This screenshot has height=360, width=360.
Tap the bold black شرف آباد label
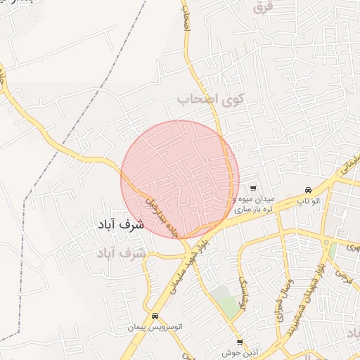(x=118, y=225)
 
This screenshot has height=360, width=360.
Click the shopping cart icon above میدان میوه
(x=252, y=188)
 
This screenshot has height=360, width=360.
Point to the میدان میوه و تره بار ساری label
(x=252, y=204)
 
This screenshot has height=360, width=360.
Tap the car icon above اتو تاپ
(x=309, y=191)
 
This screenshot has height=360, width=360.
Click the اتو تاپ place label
(x=309, y=202)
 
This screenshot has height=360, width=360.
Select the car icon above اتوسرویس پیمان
(x=155, y=316)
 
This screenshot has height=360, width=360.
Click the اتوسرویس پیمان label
(x=155, y=328)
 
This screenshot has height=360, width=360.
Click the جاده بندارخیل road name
(x=162, y=216)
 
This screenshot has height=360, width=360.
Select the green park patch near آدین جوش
(x=226, y=302)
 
